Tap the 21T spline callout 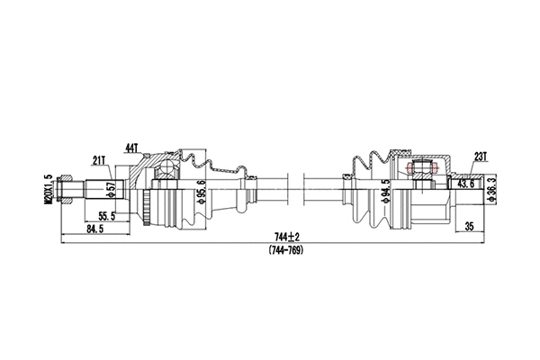coord(99,160)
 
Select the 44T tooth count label coord(131,147)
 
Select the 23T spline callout coord(481,156)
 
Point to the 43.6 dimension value coord(466,184)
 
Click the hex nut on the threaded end coord(61,189)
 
